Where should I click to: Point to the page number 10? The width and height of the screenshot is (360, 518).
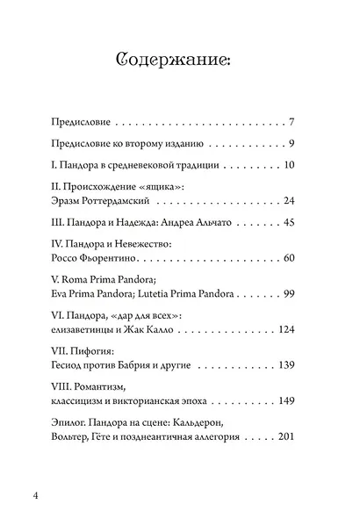(298, 166)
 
